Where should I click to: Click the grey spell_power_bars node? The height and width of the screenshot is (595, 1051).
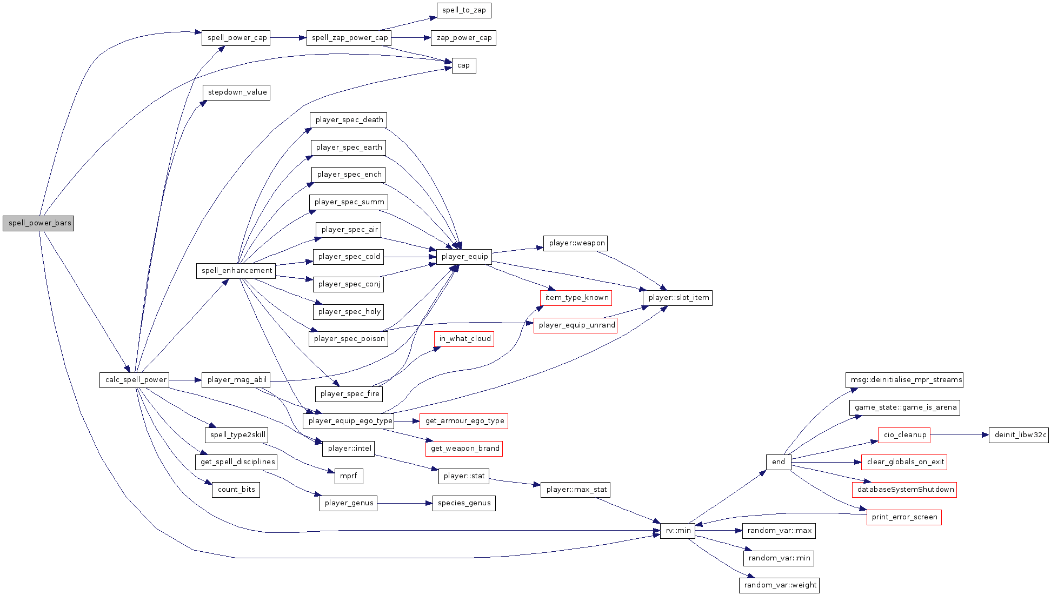click(x=38, y=223)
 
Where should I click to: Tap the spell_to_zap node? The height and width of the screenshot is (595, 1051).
click(x=464, y=10)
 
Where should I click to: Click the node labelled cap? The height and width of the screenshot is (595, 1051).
click(x=463, y=65)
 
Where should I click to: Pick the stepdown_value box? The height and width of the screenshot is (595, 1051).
click(x=237, y=92)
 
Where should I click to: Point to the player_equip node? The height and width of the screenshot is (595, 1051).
click(x=464, y=257)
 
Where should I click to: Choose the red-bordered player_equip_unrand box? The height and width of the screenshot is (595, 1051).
click(x=576, y=325)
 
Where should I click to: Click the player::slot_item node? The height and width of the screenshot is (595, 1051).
click(x=678, y=298)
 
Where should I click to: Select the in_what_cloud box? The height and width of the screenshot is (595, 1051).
click(x=464, y=339)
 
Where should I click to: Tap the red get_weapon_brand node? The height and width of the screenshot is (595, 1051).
click(x=464, y=449)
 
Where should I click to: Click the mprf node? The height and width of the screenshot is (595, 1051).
click(x=348, y=476)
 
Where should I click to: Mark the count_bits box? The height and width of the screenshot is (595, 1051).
click(x=236, y=490)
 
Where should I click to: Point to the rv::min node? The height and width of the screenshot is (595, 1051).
click(x=677, y=531)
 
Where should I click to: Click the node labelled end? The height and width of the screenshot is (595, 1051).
click(x=778, y=462)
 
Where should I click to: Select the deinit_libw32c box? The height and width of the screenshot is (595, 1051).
click(x=1019, y=435)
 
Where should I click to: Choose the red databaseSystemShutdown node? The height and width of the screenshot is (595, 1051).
click(x=904, y=490)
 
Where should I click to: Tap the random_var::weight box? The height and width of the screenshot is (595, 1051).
click(x=779, y=585)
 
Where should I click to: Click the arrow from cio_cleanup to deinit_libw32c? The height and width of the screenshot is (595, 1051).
click(x=959, y=435)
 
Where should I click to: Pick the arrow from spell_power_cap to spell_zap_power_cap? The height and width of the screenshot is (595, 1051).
click(x=288, y=38)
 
